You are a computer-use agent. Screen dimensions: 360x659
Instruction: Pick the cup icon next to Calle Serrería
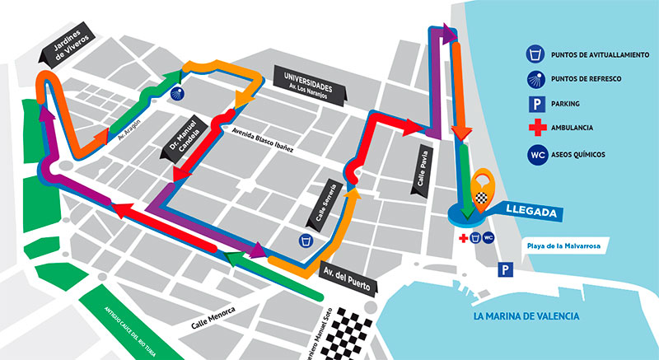(x=306, y=241)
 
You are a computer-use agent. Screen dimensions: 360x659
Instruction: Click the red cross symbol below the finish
(x=464, y=238)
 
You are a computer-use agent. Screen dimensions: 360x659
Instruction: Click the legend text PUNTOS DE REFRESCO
(x=591, y=79)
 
